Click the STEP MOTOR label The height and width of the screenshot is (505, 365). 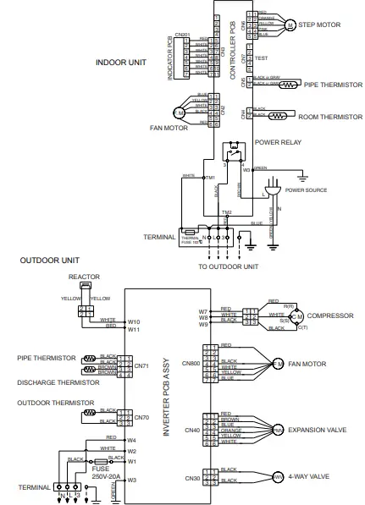click(321, 25)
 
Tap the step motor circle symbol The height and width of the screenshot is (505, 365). click(290, 25)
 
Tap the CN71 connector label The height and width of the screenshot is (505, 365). click(141, 365)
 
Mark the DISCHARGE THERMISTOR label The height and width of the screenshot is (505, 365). click(53, 381)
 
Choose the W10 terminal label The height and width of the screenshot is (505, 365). click(133, 321)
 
